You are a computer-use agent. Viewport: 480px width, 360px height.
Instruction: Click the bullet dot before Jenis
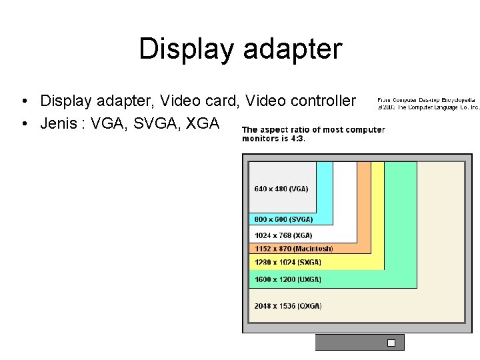point(24,123)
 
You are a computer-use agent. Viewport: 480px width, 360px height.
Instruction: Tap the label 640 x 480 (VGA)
point(281,189)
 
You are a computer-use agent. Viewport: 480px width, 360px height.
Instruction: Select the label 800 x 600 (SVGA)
point(283,219)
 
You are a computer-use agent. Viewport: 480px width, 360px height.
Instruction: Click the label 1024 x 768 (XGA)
point(283,235)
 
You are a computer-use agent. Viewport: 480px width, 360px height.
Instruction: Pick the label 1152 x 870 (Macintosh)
point(293,249)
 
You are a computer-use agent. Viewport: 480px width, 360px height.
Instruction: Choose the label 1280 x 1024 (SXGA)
point(287,263)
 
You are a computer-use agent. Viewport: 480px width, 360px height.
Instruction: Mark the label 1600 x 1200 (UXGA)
point(287,279)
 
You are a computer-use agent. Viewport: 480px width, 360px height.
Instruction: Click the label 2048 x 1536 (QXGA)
point(288,306)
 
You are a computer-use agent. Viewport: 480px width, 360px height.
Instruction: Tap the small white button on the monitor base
point(391,343)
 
